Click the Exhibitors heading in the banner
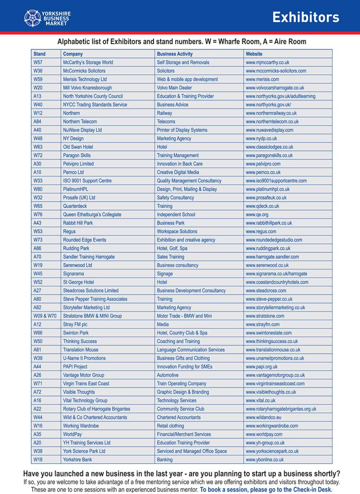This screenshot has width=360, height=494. pos(305,17)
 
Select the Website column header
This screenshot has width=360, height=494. pos(254,54)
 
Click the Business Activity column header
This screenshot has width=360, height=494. pos(174,54)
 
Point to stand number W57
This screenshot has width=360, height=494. pos(38,62)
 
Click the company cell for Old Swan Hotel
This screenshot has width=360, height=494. pos(78,147)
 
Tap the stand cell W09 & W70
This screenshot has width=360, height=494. pos(45,316)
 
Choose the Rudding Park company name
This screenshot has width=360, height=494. pos(76,248)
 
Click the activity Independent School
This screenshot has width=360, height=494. pos(176,215)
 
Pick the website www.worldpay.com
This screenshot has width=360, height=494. pos(264,434)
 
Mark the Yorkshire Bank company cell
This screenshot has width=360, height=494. pos(77,459)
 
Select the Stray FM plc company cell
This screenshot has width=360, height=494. pos(75,325)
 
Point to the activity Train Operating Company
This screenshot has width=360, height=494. pos(181,384)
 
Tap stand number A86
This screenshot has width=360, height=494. pos(37,248)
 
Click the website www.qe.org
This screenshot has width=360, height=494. pos(257,215)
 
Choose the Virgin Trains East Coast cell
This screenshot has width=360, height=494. pos(86,384)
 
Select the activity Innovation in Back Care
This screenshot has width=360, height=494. pos(180,164)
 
